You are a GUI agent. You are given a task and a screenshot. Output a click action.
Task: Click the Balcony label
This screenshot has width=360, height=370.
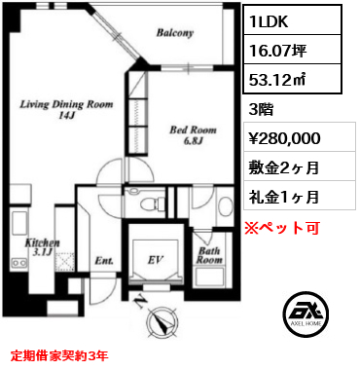[x=174, y=33]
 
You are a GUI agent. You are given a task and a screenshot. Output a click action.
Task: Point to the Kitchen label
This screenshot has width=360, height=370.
[x=44, y=242]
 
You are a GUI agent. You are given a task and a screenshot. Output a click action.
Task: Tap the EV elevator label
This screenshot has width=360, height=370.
[x=155, y=262]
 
